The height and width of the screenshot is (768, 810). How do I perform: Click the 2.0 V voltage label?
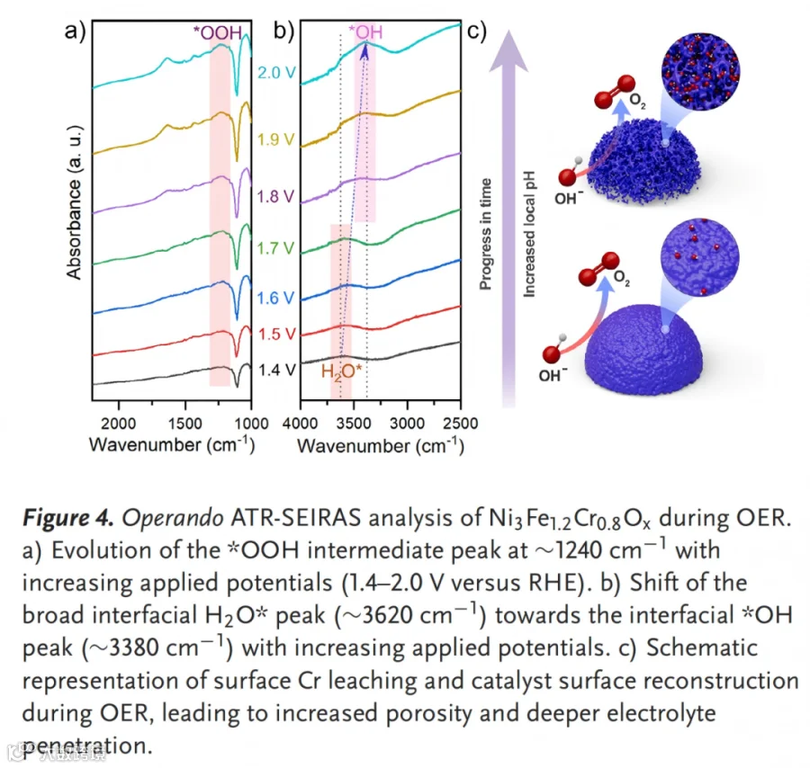277,72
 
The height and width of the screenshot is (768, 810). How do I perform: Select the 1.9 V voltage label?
276,139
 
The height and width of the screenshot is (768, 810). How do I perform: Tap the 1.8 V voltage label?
276,196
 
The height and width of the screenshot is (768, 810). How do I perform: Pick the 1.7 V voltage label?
276,248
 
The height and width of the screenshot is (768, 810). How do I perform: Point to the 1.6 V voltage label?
276,298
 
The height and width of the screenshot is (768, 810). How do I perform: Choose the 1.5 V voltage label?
277,334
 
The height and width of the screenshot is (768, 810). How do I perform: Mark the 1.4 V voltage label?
277,371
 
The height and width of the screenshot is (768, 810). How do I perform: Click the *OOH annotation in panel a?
218,32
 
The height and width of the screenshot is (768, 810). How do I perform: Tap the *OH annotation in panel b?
365,32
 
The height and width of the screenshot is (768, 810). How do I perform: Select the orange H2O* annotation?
341,371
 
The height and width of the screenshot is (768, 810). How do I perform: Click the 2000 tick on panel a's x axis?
118,424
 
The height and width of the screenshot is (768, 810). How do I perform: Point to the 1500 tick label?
184,424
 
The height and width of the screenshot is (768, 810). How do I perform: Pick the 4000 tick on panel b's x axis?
300,424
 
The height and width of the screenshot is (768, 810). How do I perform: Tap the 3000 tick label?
407,424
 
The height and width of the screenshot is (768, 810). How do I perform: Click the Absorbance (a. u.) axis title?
75,202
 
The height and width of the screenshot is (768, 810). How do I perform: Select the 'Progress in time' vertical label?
486,234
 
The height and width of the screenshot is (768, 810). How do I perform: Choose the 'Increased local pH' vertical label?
529,234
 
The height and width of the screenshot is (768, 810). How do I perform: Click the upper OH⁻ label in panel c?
569,198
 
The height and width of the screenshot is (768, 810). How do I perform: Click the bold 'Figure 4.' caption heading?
67,518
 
